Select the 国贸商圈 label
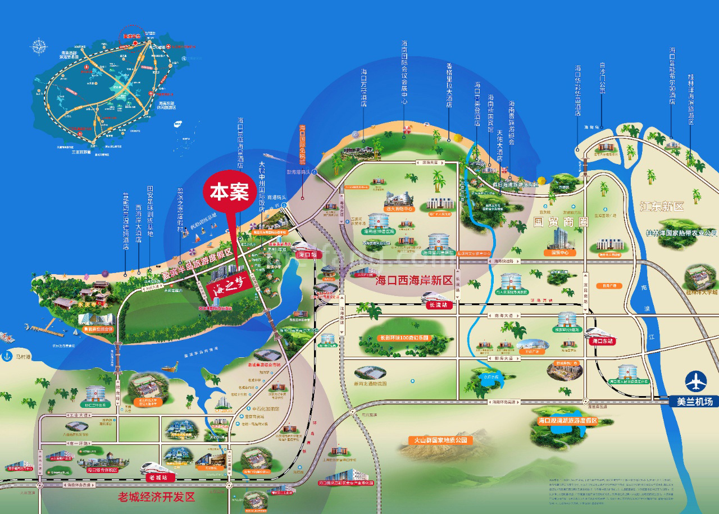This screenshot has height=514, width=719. coord(559,222)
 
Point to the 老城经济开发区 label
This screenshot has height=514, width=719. coord(156,497)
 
